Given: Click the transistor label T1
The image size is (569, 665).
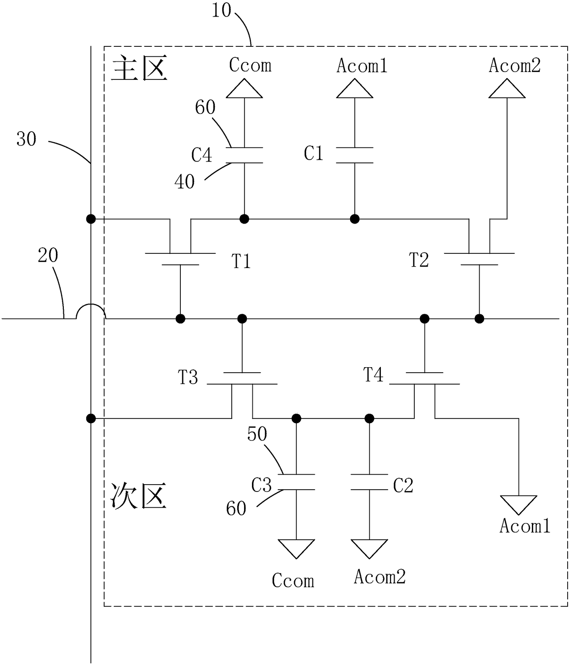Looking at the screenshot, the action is coord(241,261).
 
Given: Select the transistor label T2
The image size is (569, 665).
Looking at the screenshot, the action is coord(419,260).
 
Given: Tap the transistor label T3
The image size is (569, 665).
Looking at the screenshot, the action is coord(188,377).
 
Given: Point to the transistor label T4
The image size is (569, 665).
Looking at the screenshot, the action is coord(373,374).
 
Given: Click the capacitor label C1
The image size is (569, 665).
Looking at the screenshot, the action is coord(313,153).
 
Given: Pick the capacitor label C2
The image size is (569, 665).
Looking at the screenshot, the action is coord(403,486).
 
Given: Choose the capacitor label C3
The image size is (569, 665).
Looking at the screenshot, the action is coord(261,486).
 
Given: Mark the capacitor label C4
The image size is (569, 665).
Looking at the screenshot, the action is coord(202,155).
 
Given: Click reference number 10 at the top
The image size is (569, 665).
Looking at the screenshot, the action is coord(222,10).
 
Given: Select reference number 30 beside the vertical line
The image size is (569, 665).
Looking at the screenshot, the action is coord(26,139).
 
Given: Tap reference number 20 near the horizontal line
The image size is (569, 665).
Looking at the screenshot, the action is coord(48,256).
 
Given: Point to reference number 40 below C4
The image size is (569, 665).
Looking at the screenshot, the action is coord(184,182).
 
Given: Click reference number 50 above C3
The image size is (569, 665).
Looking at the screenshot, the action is coord(257,434).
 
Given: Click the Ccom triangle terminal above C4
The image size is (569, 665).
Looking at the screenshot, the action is coord(245,89).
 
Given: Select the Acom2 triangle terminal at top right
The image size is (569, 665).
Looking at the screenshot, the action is coord(507,89).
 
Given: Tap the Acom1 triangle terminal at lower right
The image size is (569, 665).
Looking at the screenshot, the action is coord(519,505).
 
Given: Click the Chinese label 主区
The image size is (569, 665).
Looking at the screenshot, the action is coord(139,68).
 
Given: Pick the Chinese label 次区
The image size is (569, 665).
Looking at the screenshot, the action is coord(138,496).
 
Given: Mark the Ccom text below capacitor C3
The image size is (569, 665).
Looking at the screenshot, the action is coord(293,581).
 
